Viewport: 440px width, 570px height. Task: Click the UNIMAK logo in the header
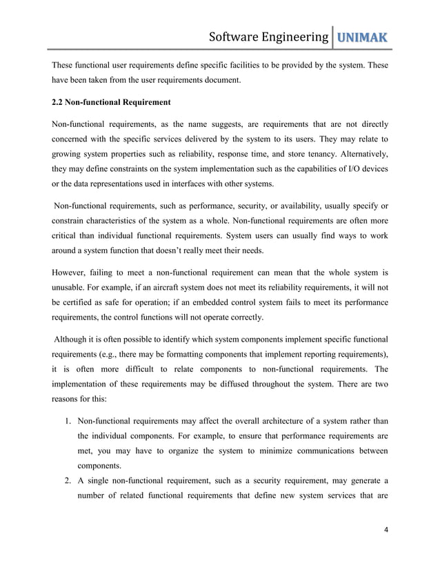tap(360, 36)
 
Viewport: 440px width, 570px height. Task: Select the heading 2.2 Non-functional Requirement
tap(111, 103)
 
